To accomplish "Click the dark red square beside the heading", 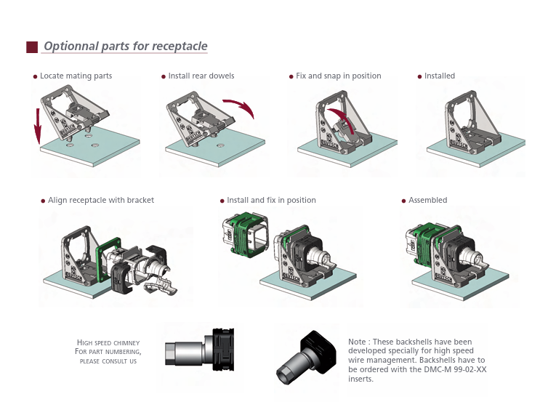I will pyautogui.click(x=31, y=47).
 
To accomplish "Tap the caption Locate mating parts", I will pyautogui.click(x=76, y=76).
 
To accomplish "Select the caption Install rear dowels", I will pyautogui.click(x=201, y=76).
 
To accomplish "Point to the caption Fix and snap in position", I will pyautogui.click(x=338, y=76).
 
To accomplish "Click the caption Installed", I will pyautogui.click(x=440, y=76).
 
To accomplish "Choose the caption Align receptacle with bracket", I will pyautogui.click(x=101, y=200).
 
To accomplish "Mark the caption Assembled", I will pyautogui.click(x=428, y=200).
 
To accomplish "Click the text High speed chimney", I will pyautogui.click(x=108, y=342).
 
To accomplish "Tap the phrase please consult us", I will pyautogui.click(x=108, y=361).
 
